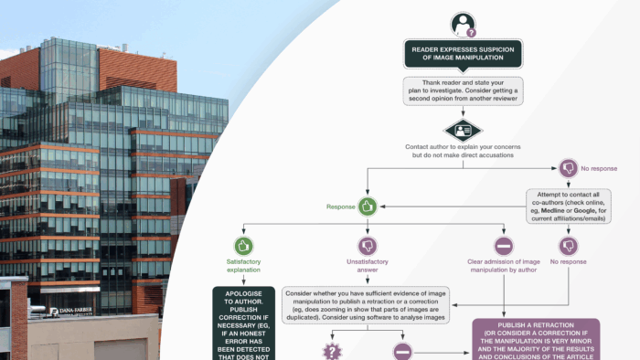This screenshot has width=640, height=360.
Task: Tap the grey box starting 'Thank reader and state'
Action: pos(463,91)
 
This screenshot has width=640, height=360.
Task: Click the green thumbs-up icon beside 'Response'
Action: pos(368,206)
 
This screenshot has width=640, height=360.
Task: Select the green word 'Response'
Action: pos(341,207)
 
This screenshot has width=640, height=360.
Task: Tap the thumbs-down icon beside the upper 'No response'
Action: pos(569,168)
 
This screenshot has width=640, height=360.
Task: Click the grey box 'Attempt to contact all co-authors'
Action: pos(569,206)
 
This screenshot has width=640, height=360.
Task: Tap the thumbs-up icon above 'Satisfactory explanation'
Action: pos(243,245)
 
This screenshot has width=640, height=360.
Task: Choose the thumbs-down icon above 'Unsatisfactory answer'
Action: pos(368,245)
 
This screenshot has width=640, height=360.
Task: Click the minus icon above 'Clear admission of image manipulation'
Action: pos(504,245)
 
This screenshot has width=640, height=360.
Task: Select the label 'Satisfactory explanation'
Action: pos(243,266)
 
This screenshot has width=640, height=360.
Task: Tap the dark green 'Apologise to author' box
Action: pos(243,324)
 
